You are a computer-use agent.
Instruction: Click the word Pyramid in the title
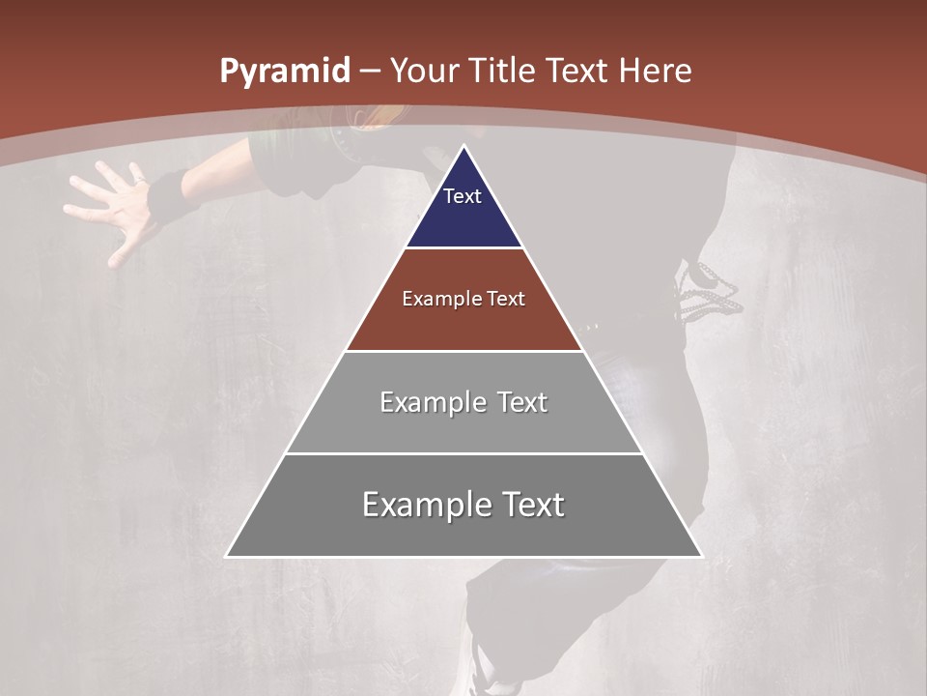pyautogui.click(x=284, y=72)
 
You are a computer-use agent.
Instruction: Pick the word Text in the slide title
pyautogui.click(x=577, y=71)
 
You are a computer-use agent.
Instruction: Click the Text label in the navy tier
pyautogui.click(x=463, y=196)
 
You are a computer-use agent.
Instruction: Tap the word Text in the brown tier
pyautogui.click(x=507, y=299)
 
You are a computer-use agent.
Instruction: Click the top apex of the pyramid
pyautogui.click(x=463, y=146)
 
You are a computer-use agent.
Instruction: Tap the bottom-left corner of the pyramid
pyautogui.click(x=227, y=556)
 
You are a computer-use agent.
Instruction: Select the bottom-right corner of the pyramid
pyautogui.click(x=701, y=556)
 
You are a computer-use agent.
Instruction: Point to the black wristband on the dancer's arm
pyautogui.click(x=170, y=193)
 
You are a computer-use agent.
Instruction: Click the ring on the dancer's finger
pyautogui.click(x=138, y=181)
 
